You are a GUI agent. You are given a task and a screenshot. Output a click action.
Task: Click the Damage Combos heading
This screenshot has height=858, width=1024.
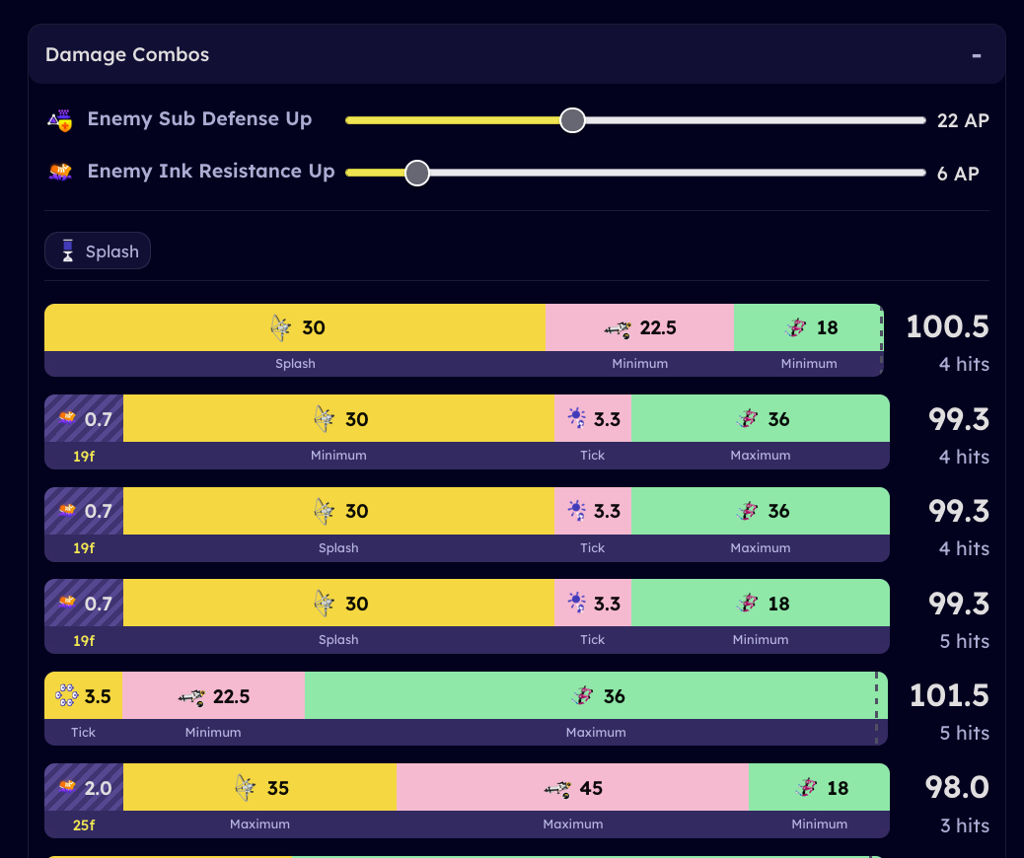click(x=127, y=54)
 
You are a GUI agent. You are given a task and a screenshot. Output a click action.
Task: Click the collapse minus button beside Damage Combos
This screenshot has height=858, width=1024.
click(x=977, y=55)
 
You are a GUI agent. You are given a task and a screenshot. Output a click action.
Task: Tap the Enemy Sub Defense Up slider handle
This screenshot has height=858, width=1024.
click(x=572, y=120)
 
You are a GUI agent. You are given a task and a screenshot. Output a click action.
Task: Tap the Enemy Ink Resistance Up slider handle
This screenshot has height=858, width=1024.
click(x=417, y=173)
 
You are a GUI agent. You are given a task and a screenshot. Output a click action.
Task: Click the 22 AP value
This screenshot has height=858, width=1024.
click(x=962, y=120)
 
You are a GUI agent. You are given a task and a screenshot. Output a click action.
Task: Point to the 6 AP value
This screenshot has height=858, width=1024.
click(x=957, y=174)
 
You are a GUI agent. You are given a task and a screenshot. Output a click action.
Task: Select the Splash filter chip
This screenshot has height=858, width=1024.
click(x=98, y=251)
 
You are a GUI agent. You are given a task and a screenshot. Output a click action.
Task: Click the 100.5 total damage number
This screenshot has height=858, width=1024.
click(x=947, y=326)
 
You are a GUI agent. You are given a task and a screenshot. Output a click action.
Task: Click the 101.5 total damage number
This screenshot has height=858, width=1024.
click(x=948, y=695)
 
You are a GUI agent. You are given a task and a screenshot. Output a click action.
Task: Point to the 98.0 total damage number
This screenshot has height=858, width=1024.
click(x=956, y=787)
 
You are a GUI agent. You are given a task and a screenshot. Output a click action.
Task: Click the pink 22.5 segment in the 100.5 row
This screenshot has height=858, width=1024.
click(x=639, y=327)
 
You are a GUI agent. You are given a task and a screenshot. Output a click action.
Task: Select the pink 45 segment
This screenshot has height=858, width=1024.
click(x=572, y=788)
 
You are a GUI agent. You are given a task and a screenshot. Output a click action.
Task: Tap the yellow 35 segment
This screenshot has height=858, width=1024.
click(x=260, y=788)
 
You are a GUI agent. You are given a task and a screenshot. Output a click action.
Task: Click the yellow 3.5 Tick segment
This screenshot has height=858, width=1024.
click(x=84, y=696)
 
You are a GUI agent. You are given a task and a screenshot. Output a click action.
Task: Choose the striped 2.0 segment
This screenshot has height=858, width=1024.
click(x=84, y=788)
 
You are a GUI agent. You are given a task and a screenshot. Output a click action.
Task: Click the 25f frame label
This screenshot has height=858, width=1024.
click(x=84, y=824)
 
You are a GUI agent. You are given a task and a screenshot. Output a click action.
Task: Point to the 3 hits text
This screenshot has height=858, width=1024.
click(x=964, y=825)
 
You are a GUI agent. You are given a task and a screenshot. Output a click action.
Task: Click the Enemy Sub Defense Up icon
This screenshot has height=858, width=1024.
click(x=60, y=120)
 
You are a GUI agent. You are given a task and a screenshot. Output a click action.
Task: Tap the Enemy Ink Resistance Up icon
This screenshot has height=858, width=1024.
click(x=60, y=173)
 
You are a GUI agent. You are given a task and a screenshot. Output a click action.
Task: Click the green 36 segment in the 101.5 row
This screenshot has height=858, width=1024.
click(x=596, y=696)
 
